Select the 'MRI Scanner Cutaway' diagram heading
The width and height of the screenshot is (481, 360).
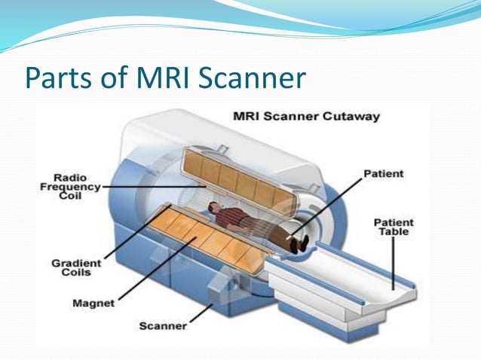click(x=306, y=117)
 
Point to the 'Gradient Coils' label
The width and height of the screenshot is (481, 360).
click(x=72, y=267)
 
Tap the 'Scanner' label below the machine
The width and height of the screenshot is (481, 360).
click(x=162, y=327)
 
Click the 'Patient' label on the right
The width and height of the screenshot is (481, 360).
click(x=384, y=174)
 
